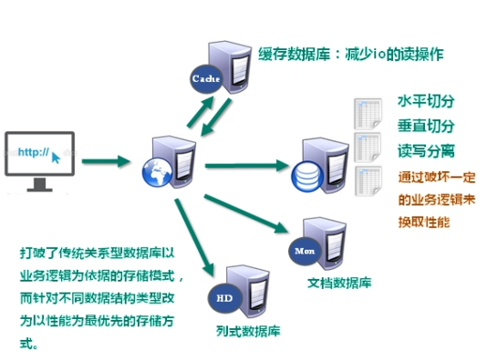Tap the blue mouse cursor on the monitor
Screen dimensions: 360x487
pos(57,157)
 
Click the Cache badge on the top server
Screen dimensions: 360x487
pos(204,78)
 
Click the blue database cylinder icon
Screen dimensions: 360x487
pos(305,172)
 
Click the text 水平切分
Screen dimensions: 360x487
pos(425,100)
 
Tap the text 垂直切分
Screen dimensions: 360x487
pos(425,126)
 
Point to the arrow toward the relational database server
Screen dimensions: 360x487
pos(242,166)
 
